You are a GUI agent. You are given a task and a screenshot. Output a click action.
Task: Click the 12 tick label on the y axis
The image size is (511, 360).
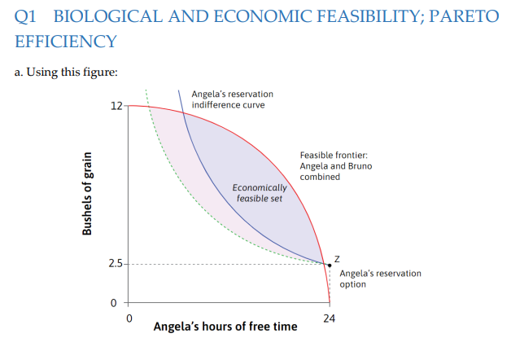116,106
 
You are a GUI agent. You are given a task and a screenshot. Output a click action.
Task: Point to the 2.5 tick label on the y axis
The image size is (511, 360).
116,264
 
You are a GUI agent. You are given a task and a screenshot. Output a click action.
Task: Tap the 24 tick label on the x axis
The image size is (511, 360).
329,317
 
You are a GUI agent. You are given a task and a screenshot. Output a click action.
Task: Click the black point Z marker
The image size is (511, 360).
329,265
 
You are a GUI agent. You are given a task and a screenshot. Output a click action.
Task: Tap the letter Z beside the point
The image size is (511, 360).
335,258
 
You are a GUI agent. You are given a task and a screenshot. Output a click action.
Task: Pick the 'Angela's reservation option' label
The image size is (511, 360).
380,279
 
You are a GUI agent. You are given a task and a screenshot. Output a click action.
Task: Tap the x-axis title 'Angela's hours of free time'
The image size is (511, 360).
225,327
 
